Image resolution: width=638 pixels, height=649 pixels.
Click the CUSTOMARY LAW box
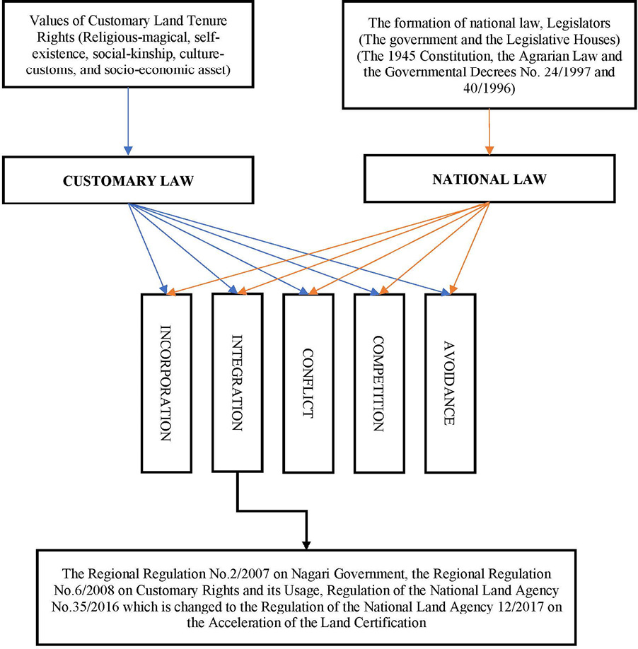coord(129,181)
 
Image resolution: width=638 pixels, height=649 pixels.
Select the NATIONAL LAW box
coord(489,179)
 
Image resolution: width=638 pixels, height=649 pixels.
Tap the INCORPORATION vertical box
coord(166,382)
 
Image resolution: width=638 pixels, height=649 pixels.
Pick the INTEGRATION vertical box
coord(237,382)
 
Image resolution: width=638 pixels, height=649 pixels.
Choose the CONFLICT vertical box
coord(308,382)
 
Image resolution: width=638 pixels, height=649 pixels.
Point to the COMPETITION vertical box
coord(378,382)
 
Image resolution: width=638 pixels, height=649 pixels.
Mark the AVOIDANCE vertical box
coord(449,382)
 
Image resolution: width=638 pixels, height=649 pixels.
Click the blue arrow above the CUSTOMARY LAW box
coord(128,120)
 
